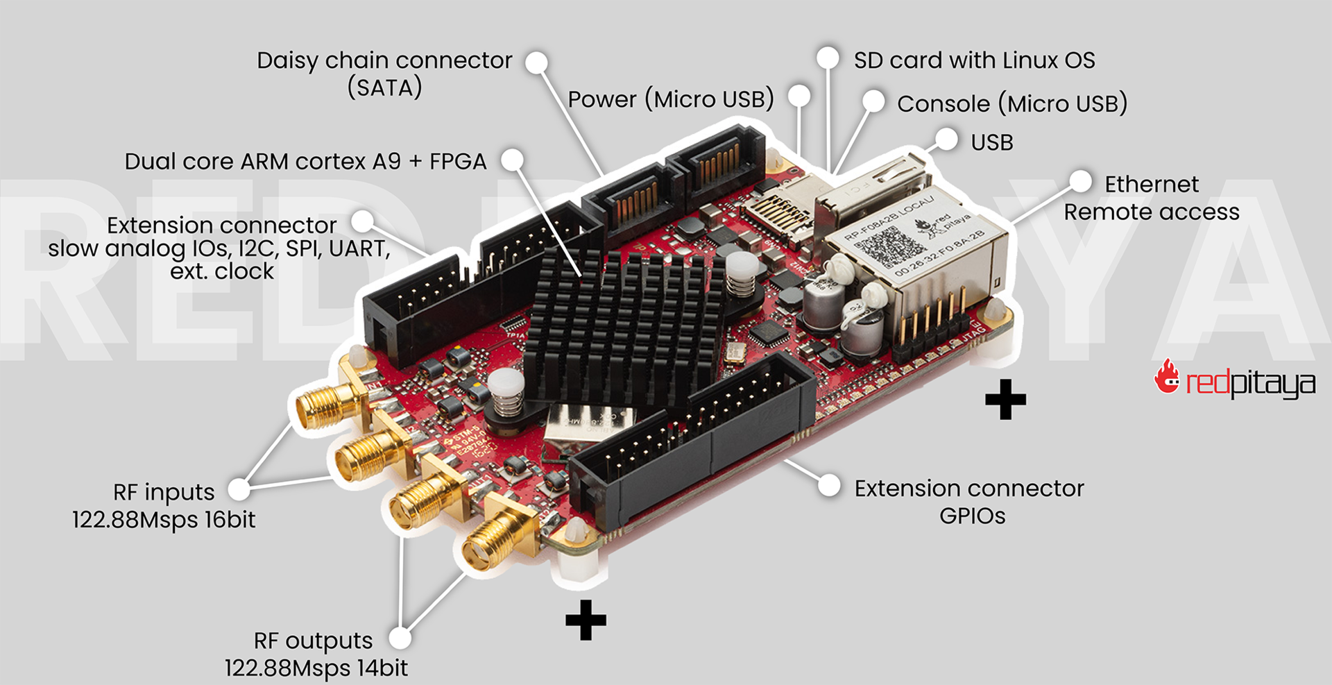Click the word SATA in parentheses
384,88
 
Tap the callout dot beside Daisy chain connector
536,62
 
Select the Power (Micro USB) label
670,100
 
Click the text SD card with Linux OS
974,60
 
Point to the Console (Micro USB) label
1011,104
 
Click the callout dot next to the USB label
946,138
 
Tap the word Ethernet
1151,185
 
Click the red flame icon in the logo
1167,378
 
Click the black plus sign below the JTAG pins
1005,399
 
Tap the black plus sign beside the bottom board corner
586,619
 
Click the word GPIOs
972,516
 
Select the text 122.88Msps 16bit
164,520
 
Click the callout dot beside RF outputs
400,638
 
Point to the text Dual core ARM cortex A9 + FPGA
305,162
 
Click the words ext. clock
222,271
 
